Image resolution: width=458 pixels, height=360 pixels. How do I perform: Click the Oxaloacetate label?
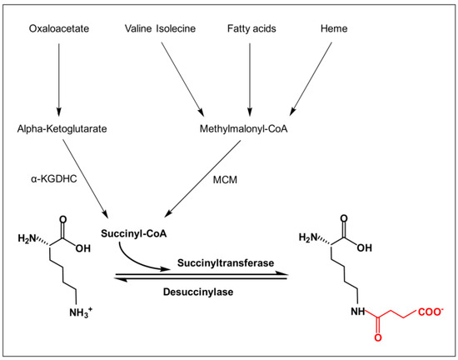pyautogui.click(x=58, y=30)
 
